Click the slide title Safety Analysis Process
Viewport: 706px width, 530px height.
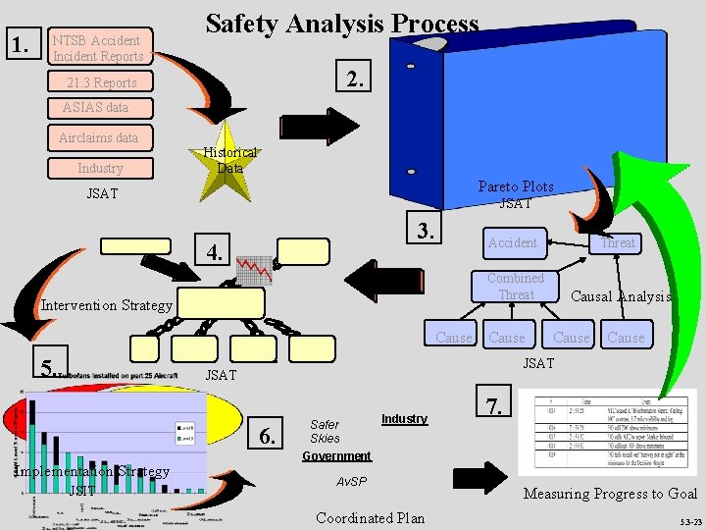click(x=342, y=25)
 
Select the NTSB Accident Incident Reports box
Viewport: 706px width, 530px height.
click(x=98, y=47)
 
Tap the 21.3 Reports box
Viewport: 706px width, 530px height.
click(x=102, y=82)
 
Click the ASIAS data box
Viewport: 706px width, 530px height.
click(x=95, y=107)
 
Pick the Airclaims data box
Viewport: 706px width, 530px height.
click(x=98, y=137)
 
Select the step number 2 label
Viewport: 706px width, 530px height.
click(x=358, y=79)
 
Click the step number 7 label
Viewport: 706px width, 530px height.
click(x=496, y=403)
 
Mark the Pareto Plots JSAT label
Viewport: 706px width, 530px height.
click(x=516, y=194)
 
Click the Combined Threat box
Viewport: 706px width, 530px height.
click(x=516, y=287)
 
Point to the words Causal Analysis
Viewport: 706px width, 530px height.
click(x=621, y=296)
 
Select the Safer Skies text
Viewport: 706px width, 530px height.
click(x=325, y=431)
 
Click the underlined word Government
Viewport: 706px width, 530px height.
click(x=337, y=456)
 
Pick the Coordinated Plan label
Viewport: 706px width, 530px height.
click(x=371, y=518)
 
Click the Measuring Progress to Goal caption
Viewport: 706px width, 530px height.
click(x=610, y=494)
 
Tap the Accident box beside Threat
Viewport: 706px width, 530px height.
click(x=513, y=242)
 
